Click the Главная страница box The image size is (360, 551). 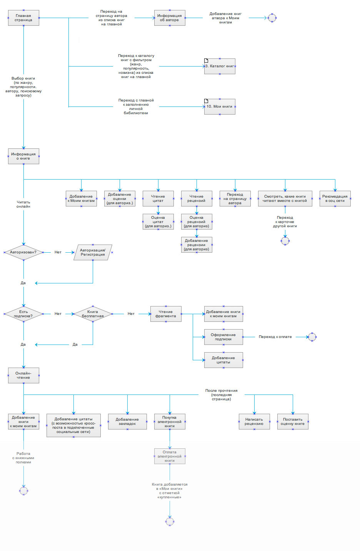coord(23,18)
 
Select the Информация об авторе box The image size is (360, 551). coord(170,18)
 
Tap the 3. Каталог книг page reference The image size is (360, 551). coord(220,66)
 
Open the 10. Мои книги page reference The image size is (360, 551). coord(220,107)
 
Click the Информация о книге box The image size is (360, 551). coord(23,156)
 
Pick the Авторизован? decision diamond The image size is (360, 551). coord(23,253)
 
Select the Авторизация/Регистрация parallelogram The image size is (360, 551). coord(93,253)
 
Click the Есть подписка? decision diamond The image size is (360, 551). coord(23,314)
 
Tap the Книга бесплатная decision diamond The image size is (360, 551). coord(93,314)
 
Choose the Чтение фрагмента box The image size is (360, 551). coord(166,314)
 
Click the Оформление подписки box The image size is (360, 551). coord(223,337)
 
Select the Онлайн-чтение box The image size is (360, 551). coord(23,376)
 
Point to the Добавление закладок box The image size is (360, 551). coord(127,422)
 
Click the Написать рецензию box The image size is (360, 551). coord(254,422)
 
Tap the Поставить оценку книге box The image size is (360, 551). coord(293,422)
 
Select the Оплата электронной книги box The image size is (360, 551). coord(170,456)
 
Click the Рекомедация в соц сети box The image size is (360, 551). coord(335,199)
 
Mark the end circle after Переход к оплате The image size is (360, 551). coord(312,337)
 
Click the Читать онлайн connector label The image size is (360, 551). coord(23,204)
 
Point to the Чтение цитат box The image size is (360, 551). coord(158,199)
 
